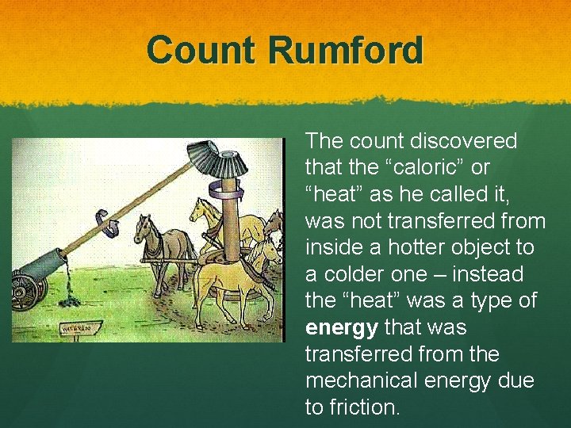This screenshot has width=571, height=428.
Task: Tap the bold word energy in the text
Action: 341,327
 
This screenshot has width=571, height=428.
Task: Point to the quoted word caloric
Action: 429,168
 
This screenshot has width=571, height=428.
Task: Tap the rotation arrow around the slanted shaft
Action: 107,223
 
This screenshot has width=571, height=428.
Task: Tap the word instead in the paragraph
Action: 486,274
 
